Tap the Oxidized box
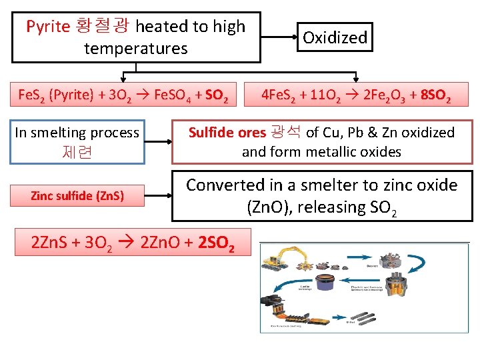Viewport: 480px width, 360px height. click(x=335, y=37)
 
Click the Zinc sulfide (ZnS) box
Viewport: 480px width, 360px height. click(x=78, y=196)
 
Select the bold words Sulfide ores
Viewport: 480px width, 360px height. click(x=227, y=132)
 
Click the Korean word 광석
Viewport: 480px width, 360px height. click(x=285, y=132)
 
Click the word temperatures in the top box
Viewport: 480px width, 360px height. click(x=135, y=49)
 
